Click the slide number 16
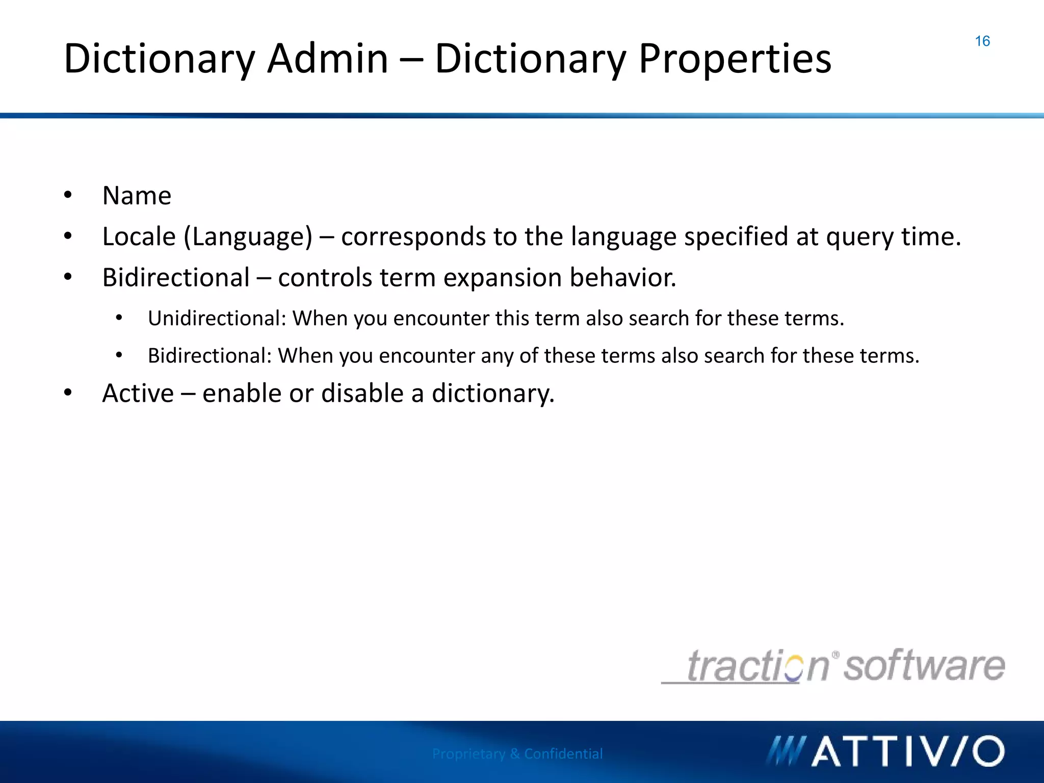tap(982, 41)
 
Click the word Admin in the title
tap(328, 59)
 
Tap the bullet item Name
tap(137, 196)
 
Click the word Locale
tap(139, 237)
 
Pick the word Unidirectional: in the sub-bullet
tap(217, 319)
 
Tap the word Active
tap(138, 394)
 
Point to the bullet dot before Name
tap(68, 195)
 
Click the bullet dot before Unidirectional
tap(119, 318)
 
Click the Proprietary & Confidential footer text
tap(517, 753)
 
